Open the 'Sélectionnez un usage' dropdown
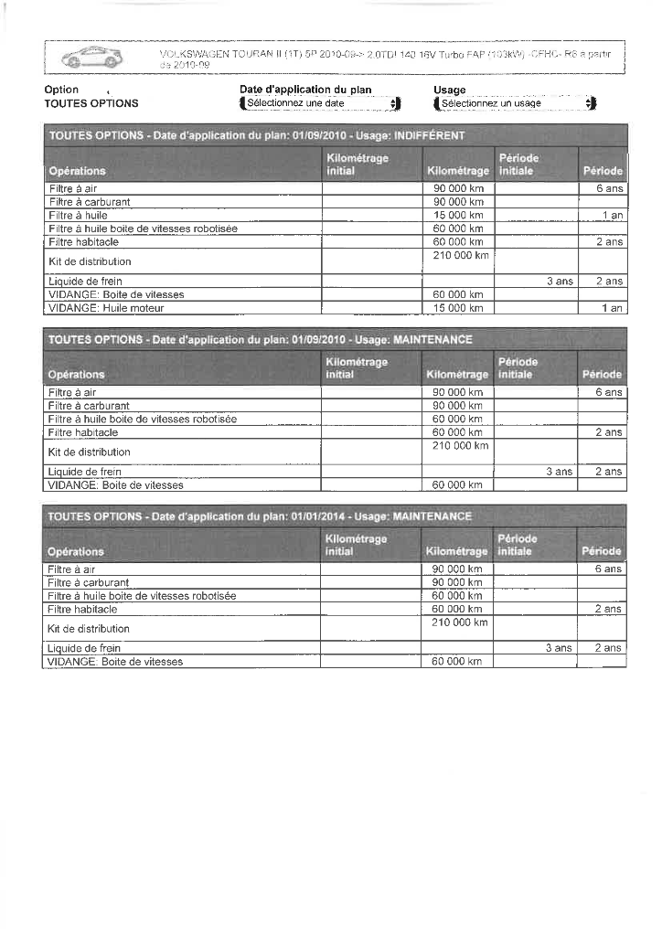tap(516, 103)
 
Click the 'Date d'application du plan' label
tap(305, 90)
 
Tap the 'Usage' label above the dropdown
tap(450, 90)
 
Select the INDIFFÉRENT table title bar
tap(335, 135)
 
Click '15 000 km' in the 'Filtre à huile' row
tap(458, 215)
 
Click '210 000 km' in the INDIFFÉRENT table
tap(458, 255)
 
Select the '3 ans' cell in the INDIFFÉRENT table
tap(559, 282)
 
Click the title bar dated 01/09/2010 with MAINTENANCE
tap(335, 339)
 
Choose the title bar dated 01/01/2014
tap(335, 516)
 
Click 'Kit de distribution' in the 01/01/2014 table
tap(89, 629)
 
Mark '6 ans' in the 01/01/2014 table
tap(608, 569)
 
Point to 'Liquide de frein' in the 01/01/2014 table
tap(84, 648)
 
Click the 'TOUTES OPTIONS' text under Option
tap(91, 103)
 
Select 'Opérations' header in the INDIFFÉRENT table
tap(77, 171)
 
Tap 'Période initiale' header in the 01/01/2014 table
tap(518, 545)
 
